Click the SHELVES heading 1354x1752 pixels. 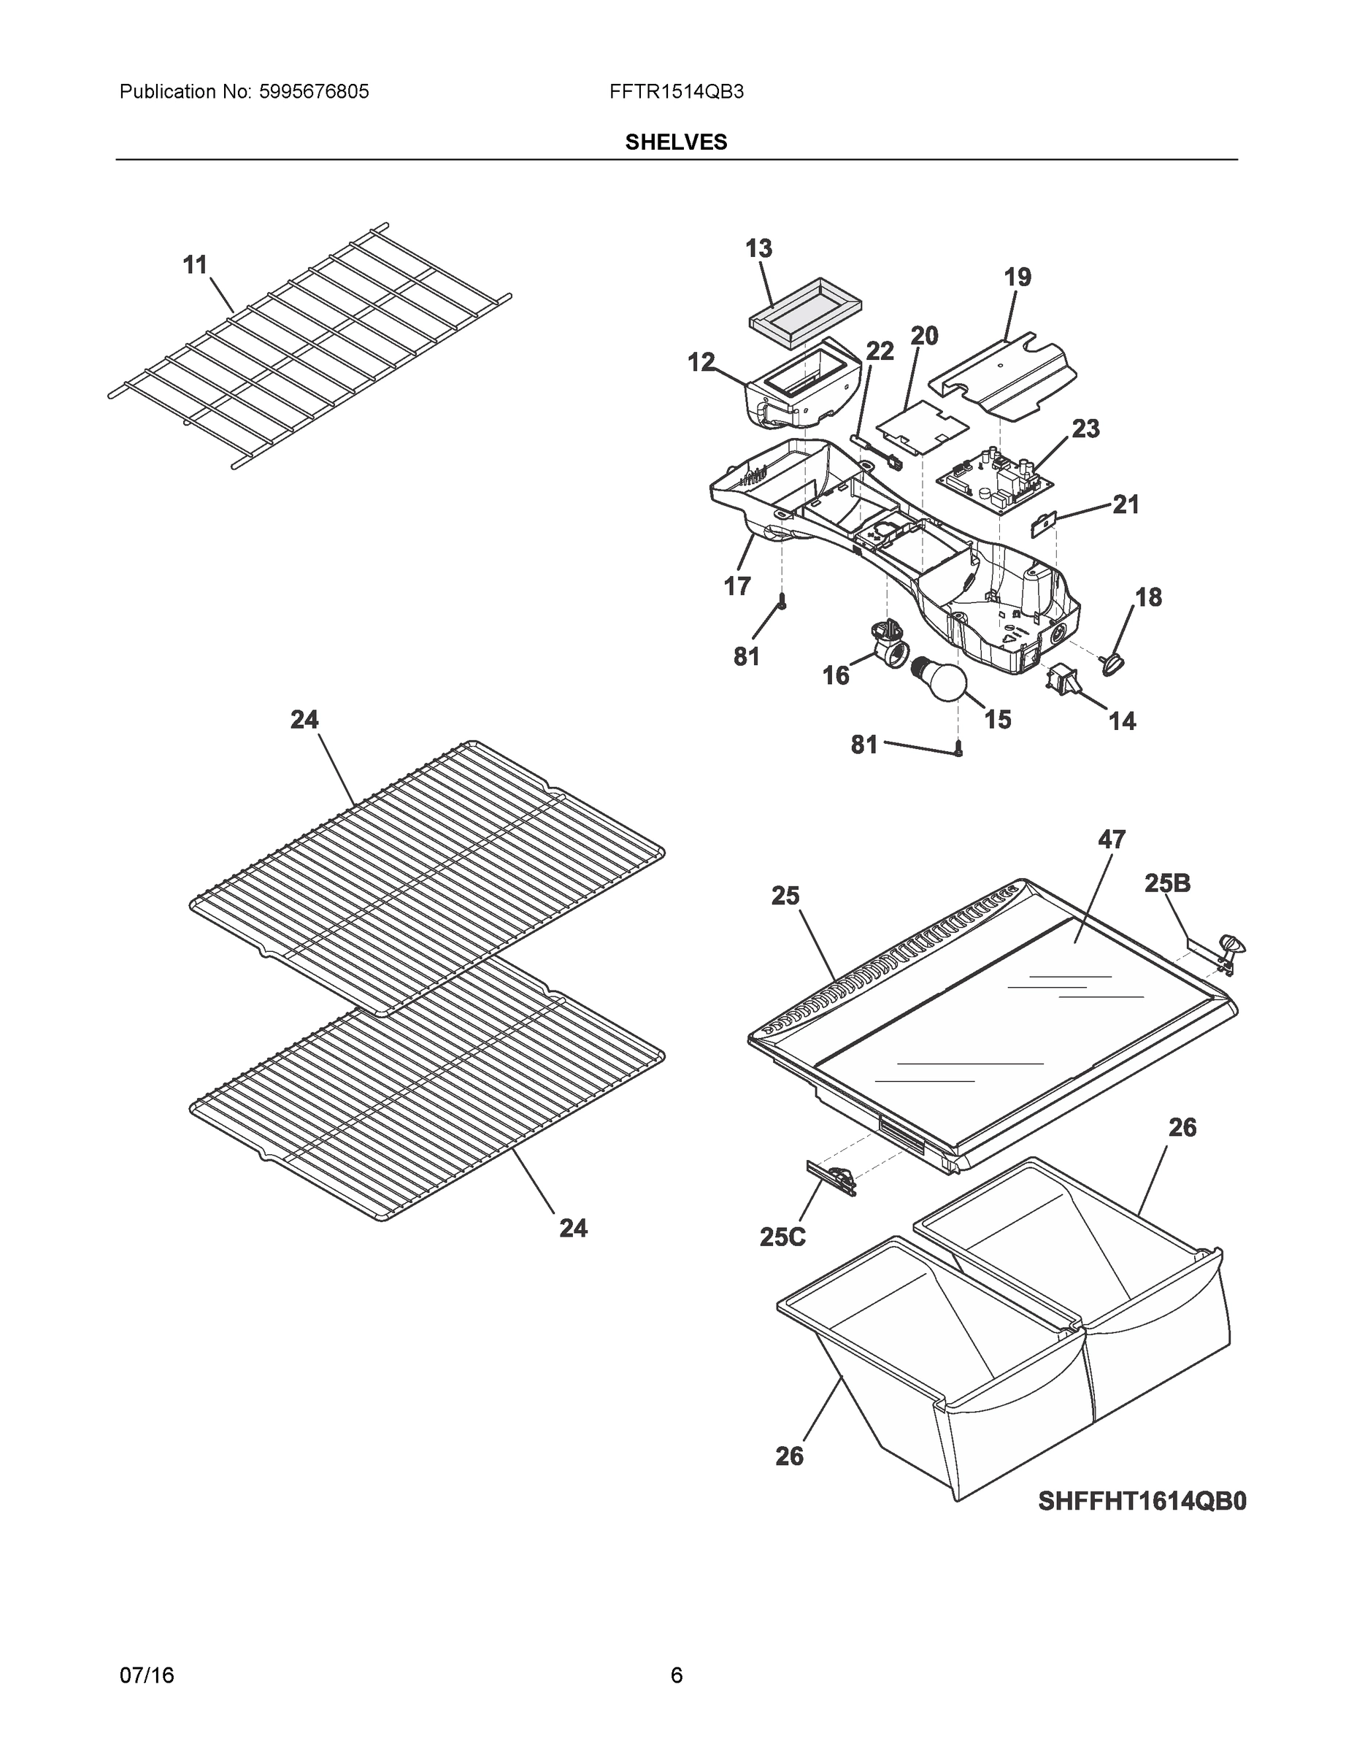[x=675, y=142]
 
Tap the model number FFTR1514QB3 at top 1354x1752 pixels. [x=675, y=92]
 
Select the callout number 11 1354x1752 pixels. [x=195, y=265]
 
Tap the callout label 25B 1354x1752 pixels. [x=1167, y=884]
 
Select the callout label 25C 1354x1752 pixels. [x=782, y=1237]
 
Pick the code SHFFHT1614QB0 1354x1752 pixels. [x=1142, y=1501]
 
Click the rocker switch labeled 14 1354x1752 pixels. [x=1061, y=680]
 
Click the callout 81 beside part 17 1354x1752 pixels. [x=746, y=657]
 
